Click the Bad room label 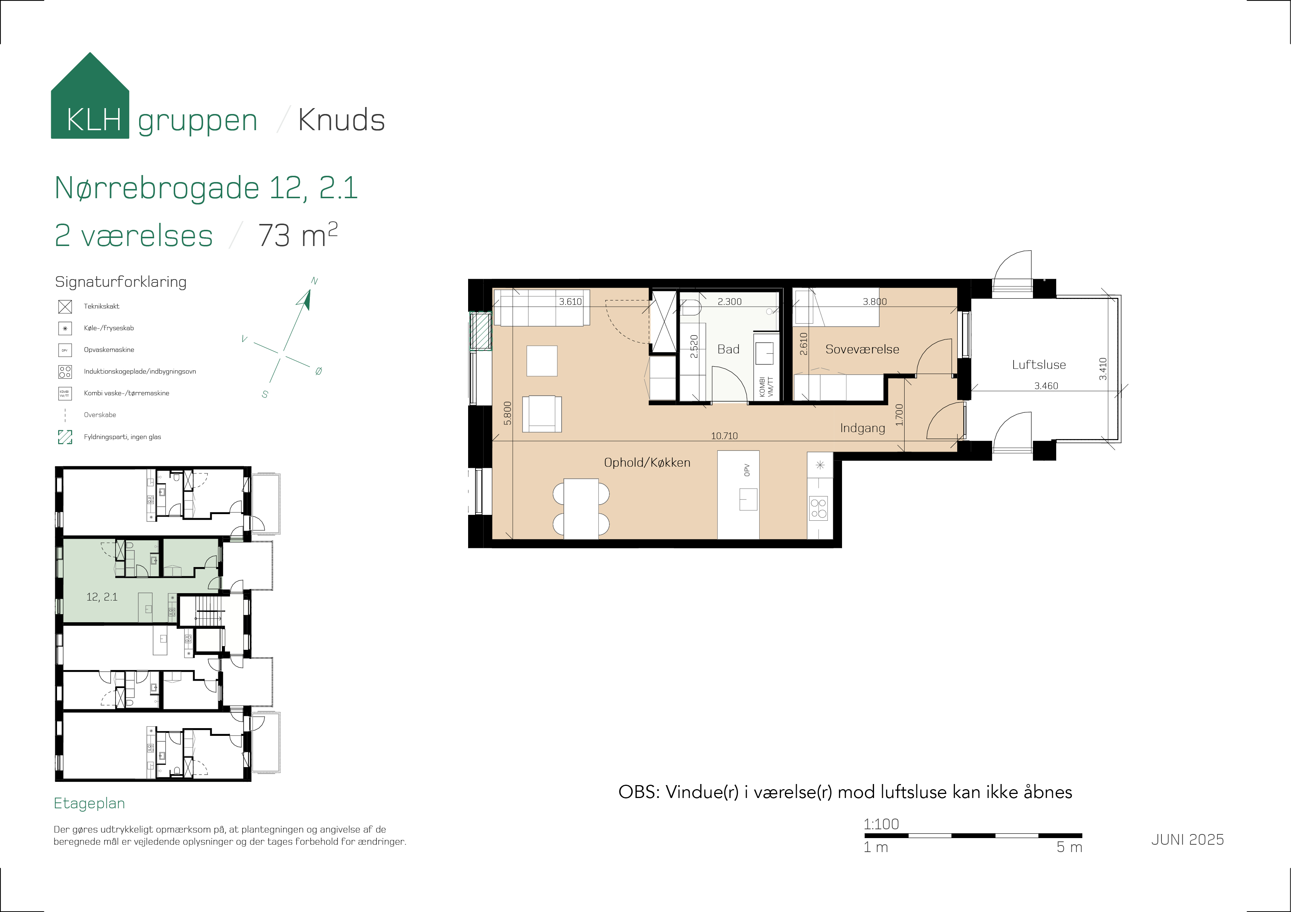coord(728,349)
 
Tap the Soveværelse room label coord(862,349)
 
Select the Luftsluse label coord(1039,365)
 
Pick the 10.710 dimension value coord(724,436)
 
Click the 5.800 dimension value coord(508,413)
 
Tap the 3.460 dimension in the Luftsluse coord(1046,386)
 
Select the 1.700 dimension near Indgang coord(899,415)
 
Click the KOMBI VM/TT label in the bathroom coord(766,386)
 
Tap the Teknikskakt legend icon coord(65,307)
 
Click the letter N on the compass coord(314,281)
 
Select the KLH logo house coord(90,96)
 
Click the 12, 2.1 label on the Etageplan coord(102,597)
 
